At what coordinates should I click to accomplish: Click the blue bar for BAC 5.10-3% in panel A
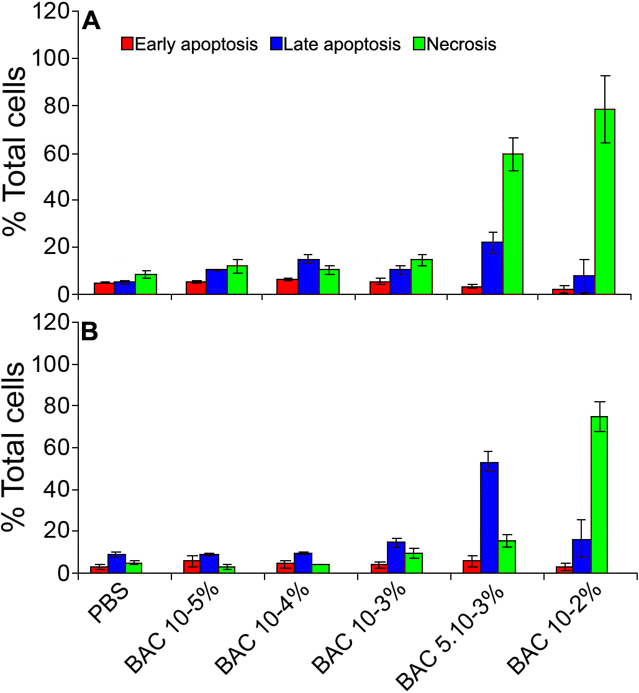tap(492, 268)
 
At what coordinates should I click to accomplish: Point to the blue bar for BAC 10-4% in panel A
tap(309, 277)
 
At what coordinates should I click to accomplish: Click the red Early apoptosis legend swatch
tap(127, 44)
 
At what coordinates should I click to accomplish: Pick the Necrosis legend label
tap(461, 45)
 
